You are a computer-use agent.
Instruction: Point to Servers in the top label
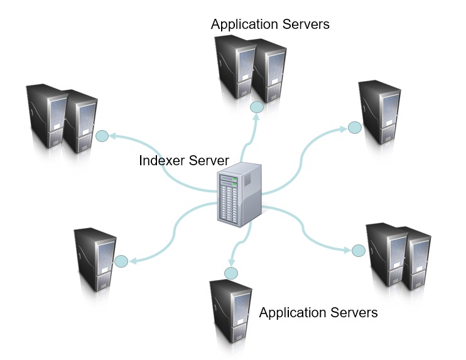(x=305, y=25)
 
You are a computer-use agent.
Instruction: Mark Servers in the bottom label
(x=354, y=312)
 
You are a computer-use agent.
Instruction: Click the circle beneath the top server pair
(x=256, y=108)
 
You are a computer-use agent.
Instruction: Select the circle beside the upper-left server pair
(x=102, y=135)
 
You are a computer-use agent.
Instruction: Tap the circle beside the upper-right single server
(x=354, y=127)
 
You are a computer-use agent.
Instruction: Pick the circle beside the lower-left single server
(x=121, y=261)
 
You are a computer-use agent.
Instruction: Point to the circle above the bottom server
(x=231, y=273)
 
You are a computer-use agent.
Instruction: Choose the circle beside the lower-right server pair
(x=358, y=250)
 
